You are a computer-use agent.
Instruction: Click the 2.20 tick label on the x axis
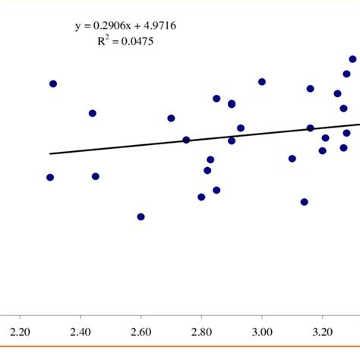pyautogui.click(x=20, y=332)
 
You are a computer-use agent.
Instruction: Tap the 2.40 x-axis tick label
pyautogui.click(x=81, y=332)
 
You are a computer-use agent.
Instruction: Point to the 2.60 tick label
pyautogui.click(x=141, y=332)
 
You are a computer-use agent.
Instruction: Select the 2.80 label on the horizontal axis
pyautogui.click(x=201, y=332)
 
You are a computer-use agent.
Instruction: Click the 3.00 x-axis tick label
pyautogui.click(x=262, y=332)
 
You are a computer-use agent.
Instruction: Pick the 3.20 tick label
pyautogui.click(x=323, y=332)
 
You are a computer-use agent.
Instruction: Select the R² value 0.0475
pyautogui.click(x=136, y=42)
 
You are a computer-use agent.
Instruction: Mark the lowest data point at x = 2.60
pyautogui.click(x=141, y=216)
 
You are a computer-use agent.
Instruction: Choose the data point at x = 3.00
pyautogui.click(x=262, y=82)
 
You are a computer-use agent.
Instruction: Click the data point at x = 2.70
pyautogui.click(x=171, y=118)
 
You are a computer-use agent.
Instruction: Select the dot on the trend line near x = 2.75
pyautogui.click(x=186, y=140)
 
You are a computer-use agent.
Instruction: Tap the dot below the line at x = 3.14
pyautogui.click(x=305, y=202)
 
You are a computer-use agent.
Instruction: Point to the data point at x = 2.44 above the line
pyautogui.click(x=93, y=113)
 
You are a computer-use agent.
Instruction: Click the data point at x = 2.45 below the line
pyautogui.click(x=96, y=176)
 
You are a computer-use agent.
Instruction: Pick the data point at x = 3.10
pyautogui.click(x=292, y=159)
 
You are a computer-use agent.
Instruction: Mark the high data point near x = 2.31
pyautogui.click(x=53, y=84)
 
